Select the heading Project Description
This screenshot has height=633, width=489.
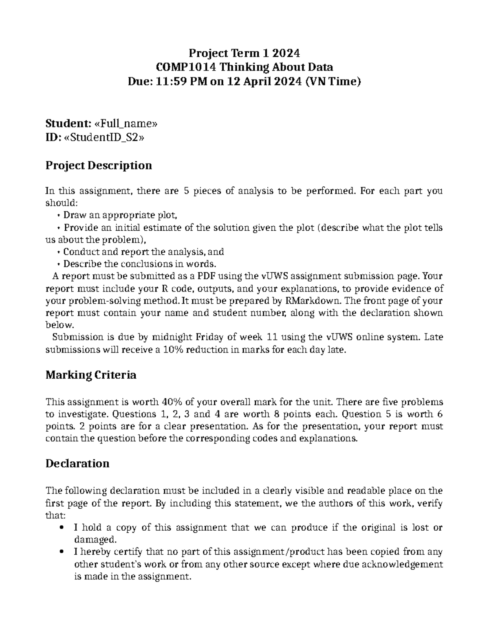coord(99,165)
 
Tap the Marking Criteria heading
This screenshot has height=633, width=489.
coord(90,375)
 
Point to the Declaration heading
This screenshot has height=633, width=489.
coord(77,464)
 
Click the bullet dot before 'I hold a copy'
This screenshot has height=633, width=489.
coord(62,528)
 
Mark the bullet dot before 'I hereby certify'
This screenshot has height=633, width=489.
coord(62,552)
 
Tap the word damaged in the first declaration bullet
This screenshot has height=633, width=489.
coord(95,540)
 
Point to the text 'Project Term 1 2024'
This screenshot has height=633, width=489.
coord(244,53)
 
